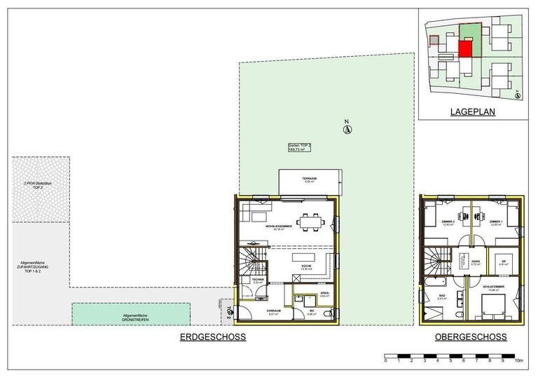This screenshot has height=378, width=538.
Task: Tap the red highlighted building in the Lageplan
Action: [465, 50]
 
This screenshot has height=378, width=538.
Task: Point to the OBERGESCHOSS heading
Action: [471, 337]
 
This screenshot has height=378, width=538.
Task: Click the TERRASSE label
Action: [310, 180]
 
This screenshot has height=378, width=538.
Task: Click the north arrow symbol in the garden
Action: [346, 128]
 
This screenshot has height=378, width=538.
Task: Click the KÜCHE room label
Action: [306, 267]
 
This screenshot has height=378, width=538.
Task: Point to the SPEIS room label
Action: [324, 295]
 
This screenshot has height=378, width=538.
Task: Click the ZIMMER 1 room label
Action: [497, 223]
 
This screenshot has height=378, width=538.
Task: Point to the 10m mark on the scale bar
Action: [518, 362]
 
